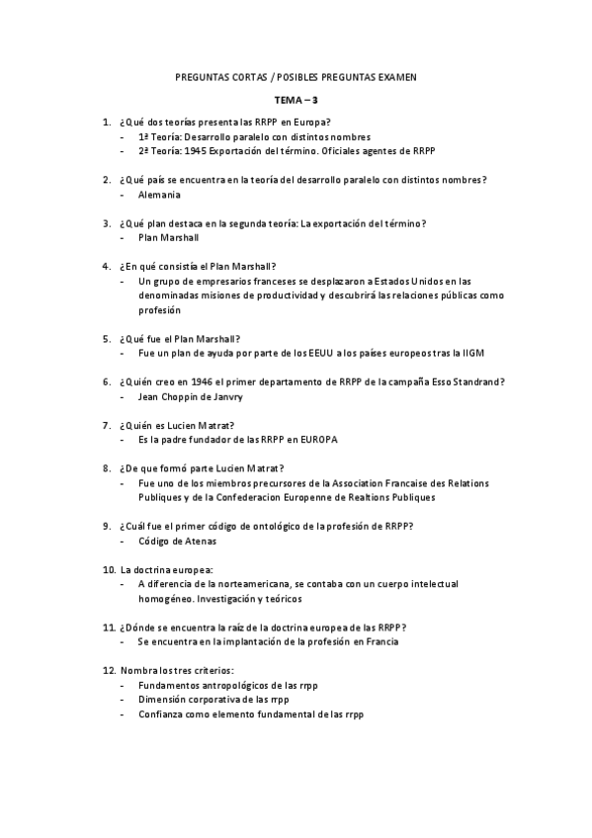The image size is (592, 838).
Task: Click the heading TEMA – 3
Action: [x=296, y=100]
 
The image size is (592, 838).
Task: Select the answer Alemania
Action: [x=159, y=195]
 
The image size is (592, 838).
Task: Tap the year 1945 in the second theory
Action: [x=195, y=151]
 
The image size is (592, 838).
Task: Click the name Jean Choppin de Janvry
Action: [x=190, y=396]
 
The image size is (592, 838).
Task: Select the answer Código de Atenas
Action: [x=178, y=542]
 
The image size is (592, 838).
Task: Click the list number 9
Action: [x=107, y=527]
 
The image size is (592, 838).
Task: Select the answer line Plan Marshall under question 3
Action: [x=169, y=238]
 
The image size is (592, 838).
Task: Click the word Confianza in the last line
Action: [x=162, y=714]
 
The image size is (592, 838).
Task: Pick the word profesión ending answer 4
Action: [x=160, y=309]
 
